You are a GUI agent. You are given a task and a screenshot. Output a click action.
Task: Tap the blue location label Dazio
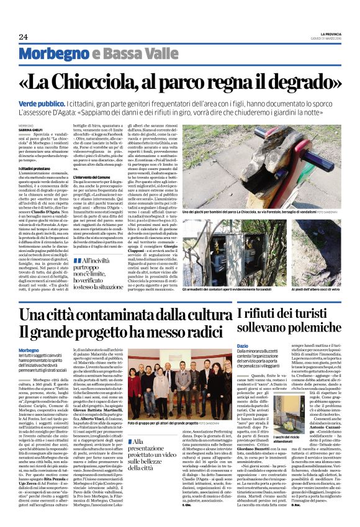243,345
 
